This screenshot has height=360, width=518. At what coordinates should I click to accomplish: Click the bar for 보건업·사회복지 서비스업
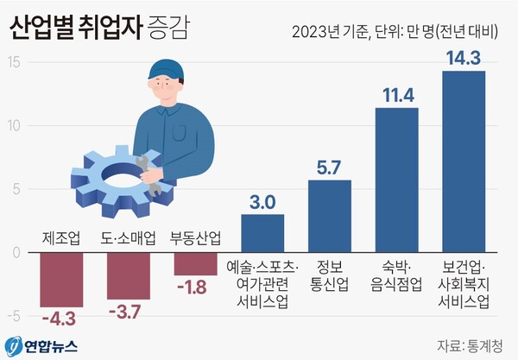463,161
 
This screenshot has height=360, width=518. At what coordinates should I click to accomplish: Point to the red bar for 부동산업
195,264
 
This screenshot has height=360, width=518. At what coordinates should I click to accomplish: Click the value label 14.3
464,57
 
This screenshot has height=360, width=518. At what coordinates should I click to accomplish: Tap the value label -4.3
61,320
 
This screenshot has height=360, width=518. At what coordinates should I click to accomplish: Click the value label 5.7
330,167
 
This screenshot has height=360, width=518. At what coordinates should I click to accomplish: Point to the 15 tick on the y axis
15,62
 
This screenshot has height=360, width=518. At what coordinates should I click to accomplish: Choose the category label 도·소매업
128,238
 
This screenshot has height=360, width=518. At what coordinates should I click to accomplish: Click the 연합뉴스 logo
43,345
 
